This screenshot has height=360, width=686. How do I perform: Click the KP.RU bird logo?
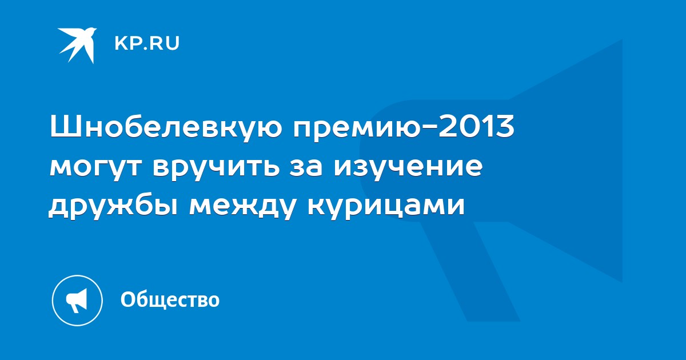click(x=78, y=45)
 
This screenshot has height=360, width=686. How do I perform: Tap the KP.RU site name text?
click(x=147, y=43)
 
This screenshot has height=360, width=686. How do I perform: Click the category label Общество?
click(x=170, y=299)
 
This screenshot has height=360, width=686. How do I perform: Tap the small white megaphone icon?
click(x=77, y=300)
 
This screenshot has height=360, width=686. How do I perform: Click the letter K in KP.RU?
click(x=121, y=43)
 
